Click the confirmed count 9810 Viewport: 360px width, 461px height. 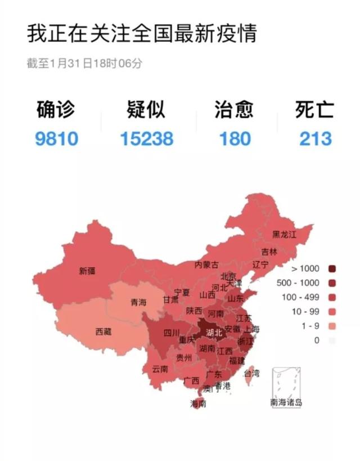[x=56, y=138]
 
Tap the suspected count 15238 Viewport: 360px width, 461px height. [x=147, y=138]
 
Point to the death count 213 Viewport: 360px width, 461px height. [x=316, y=138]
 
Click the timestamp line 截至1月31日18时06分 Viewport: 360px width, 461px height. [x=84, y=63]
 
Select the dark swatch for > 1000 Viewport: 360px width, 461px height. [x=331, y=268]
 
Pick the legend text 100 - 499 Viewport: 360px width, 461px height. [x=304, y=296]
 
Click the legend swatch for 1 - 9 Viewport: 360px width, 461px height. [x=331, y=326]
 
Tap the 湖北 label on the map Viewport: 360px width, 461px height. [x=214, y=332]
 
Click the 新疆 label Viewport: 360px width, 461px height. [x=87, y=271]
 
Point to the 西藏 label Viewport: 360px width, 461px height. [x=103, y=332]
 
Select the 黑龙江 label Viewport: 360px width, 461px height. [x=284, y=234]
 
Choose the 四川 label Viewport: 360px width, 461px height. [x=171, y=332]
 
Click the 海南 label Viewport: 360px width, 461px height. [x=198, y=403]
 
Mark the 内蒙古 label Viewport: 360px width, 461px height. [x=206, y=265]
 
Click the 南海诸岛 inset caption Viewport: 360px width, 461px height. [x=286, y=402]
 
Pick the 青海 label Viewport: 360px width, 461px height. [x=138, y=302]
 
